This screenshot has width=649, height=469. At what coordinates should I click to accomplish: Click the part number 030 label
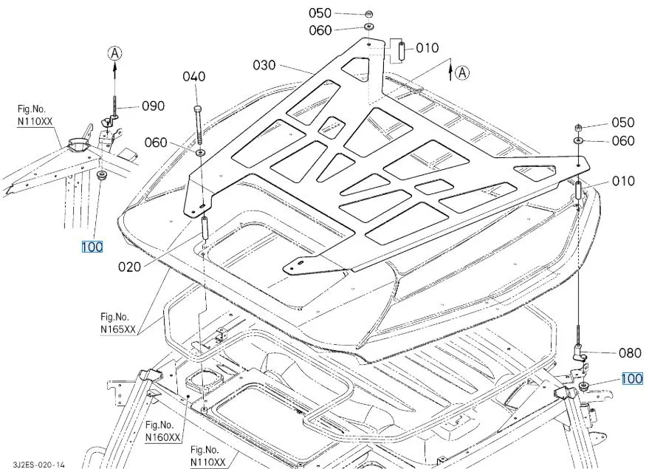point(264,66)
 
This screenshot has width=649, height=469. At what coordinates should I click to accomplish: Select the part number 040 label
point(194,77)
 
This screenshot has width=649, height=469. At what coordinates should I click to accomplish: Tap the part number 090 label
point(153,106)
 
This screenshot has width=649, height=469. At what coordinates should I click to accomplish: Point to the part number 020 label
point(129,267)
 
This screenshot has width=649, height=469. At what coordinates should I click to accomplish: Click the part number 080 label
point(630,353)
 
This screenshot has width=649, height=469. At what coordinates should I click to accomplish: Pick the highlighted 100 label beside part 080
point(632,379)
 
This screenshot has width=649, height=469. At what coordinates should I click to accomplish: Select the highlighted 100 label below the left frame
point(92,247)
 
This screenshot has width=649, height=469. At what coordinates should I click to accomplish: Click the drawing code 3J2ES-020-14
point(38,465)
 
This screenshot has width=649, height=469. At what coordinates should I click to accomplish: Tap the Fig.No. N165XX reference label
point(118,323)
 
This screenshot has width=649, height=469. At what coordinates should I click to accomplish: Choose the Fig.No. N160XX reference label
point(163,431)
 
